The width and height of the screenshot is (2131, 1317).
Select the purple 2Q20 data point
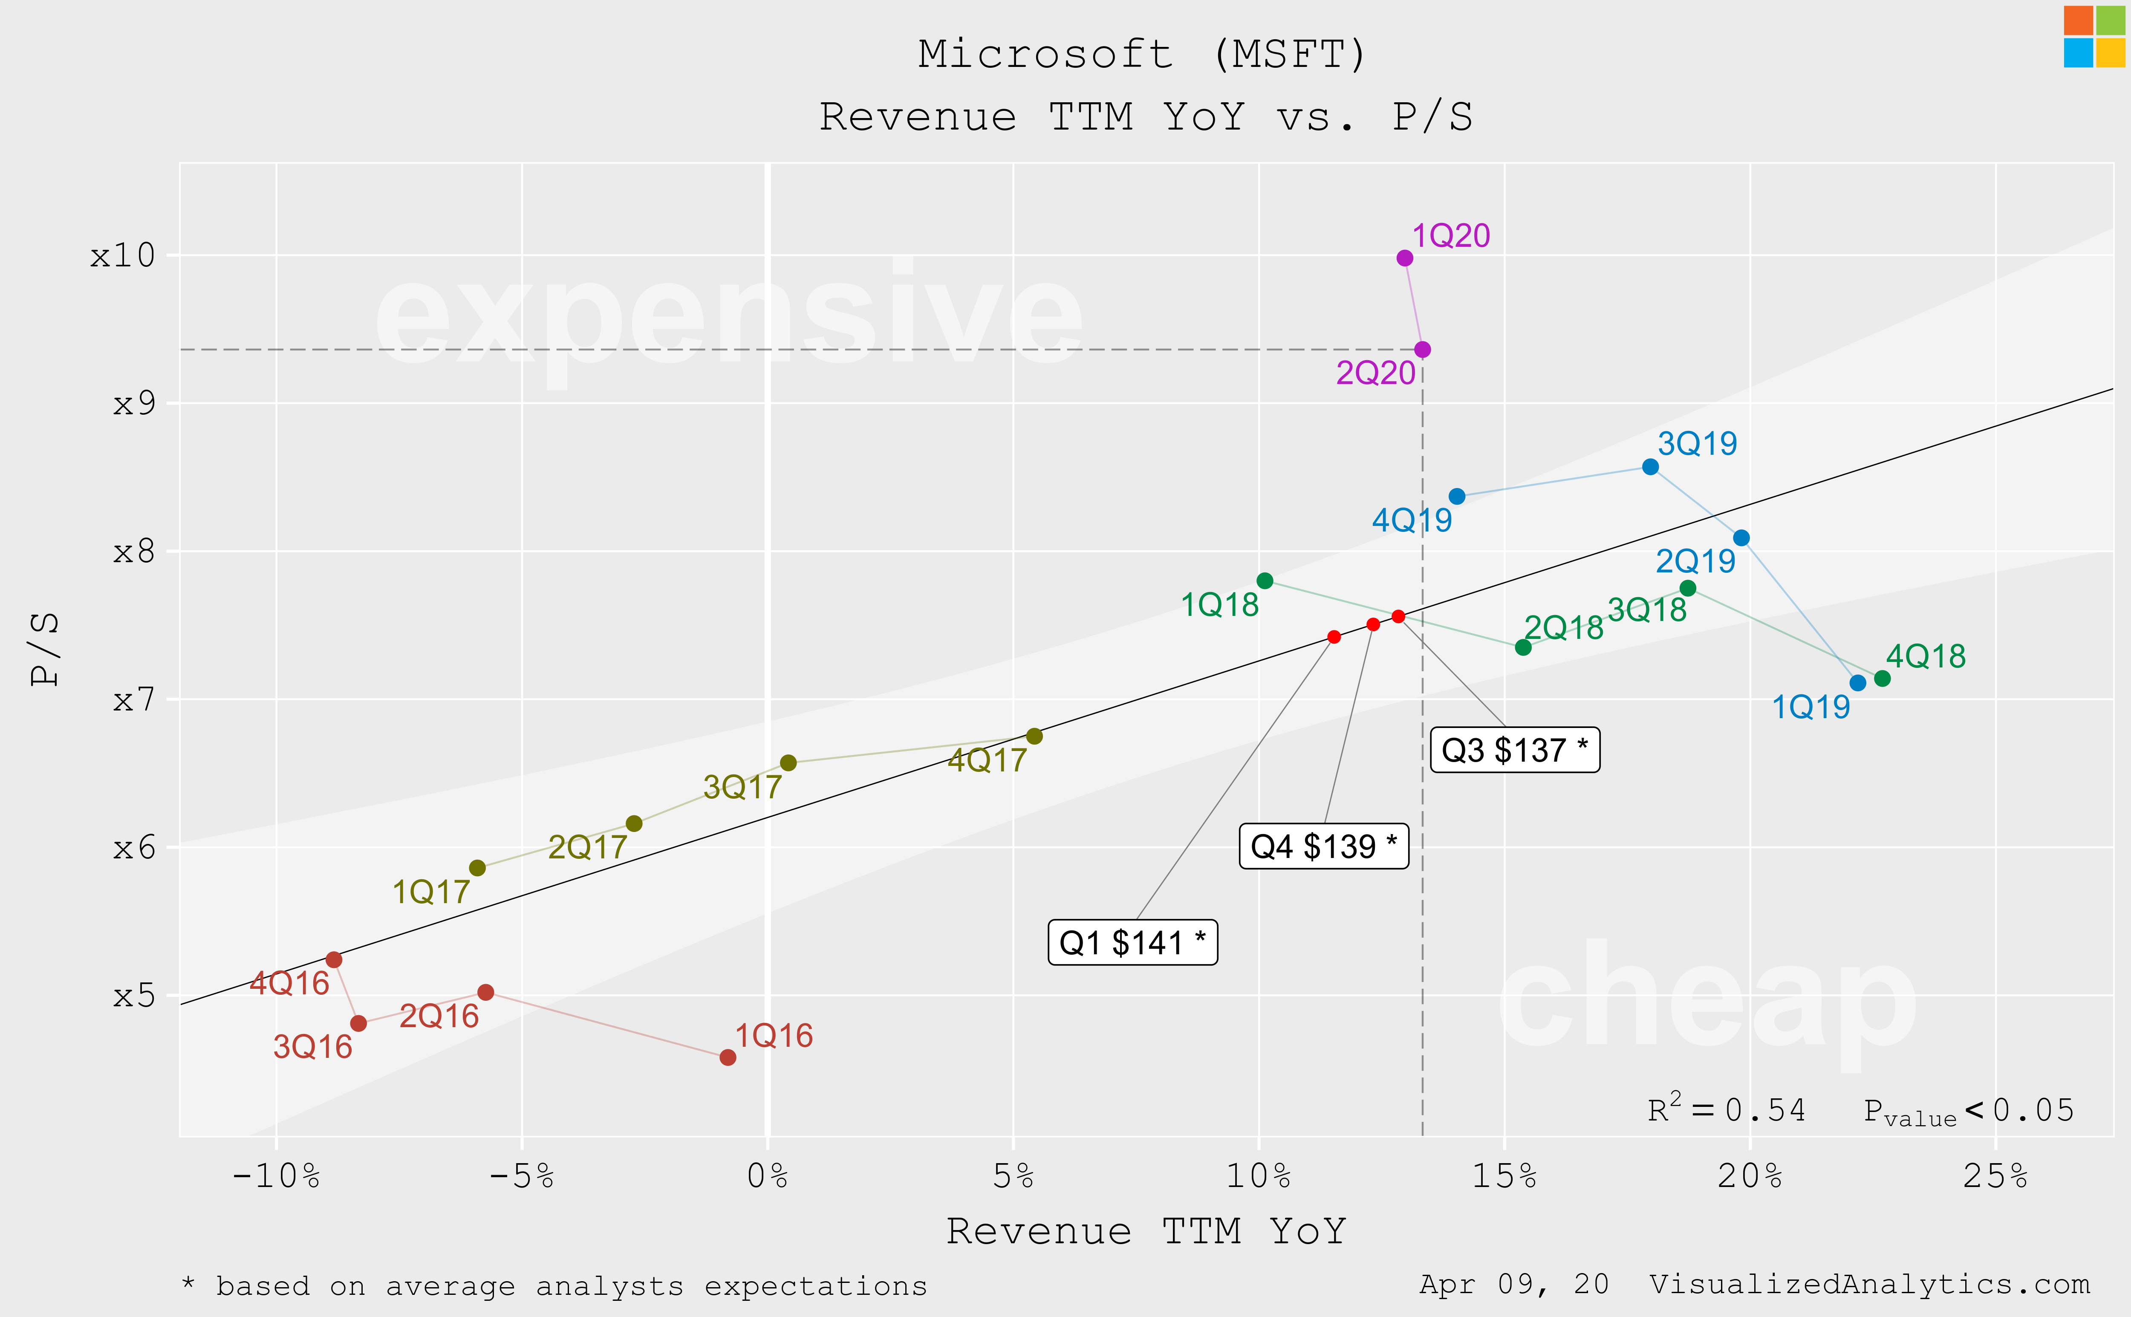click(1422, 349)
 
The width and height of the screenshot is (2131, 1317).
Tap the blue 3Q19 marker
click(1650, 467)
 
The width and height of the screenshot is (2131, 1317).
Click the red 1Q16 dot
click(728, 1057)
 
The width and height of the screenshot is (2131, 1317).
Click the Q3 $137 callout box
click(1514, 750)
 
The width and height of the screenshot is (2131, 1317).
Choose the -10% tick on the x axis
click(276, 1177)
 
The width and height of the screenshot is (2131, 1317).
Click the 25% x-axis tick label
click(1995, 1177)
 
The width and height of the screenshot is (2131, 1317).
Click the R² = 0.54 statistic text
click(1726, 1110)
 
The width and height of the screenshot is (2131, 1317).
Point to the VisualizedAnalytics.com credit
click(1870, 1285)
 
